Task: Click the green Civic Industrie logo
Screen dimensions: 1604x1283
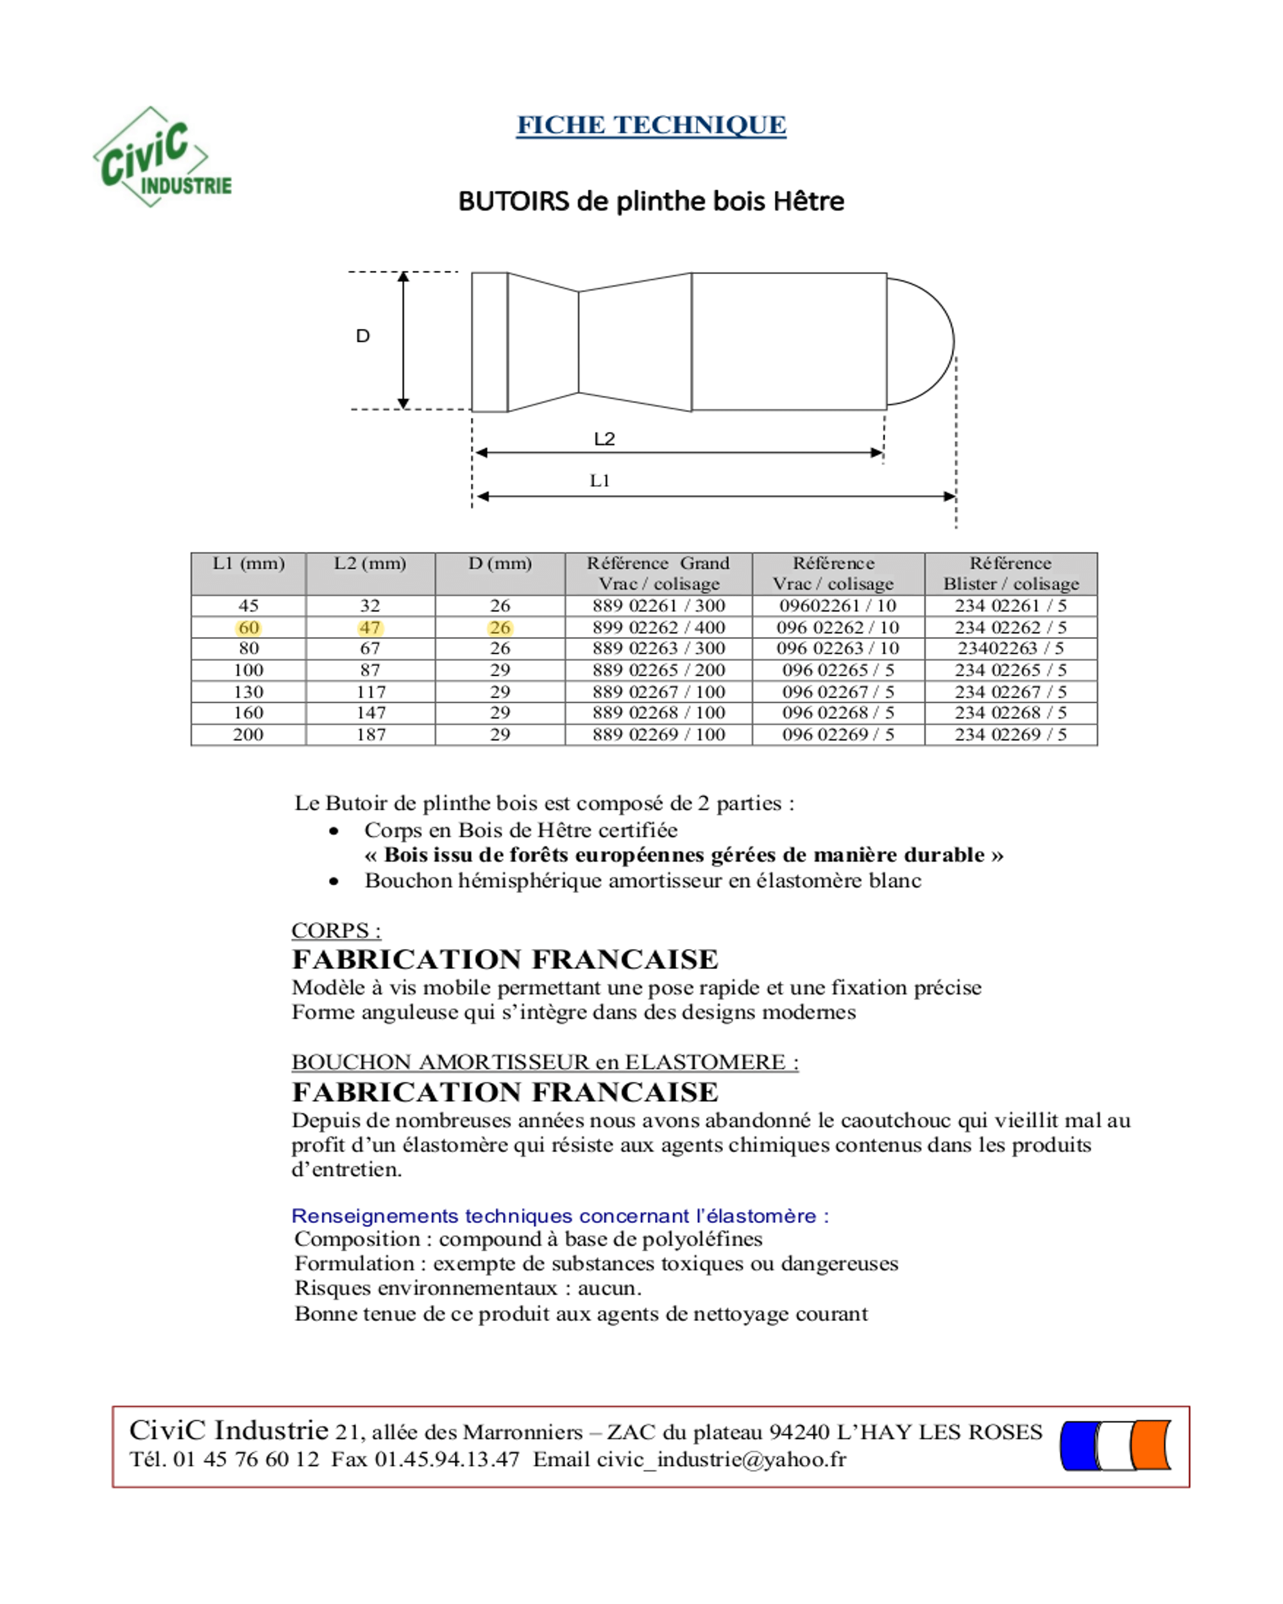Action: (162, 158)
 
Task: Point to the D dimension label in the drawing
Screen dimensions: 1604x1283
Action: (363, 336)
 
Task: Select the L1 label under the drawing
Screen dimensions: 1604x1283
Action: (599, 481)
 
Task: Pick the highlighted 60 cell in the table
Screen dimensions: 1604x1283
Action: (248, 627)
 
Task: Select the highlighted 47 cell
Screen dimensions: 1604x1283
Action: (370, 627)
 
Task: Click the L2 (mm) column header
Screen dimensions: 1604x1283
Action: (370, 563)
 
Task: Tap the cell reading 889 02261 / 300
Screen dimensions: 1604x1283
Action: (658, 606)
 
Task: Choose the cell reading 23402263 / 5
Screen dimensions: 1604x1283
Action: (1010, 648)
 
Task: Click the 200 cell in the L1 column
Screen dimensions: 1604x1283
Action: (248, 734)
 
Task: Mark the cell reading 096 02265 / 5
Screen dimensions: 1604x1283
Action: (838, 670)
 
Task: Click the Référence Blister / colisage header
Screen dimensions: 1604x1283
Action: (1010, 573)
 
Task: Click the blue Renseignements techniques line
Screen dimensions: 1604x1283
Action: (559, 1216)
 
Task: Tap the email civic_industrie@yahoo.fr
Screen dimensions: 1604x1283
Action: (690, 1459)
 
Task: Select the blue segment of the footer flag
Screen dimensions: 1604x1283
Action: (1080, 1446)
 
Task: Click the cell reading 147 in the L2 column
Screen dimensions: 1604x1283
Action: (370, 713)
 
